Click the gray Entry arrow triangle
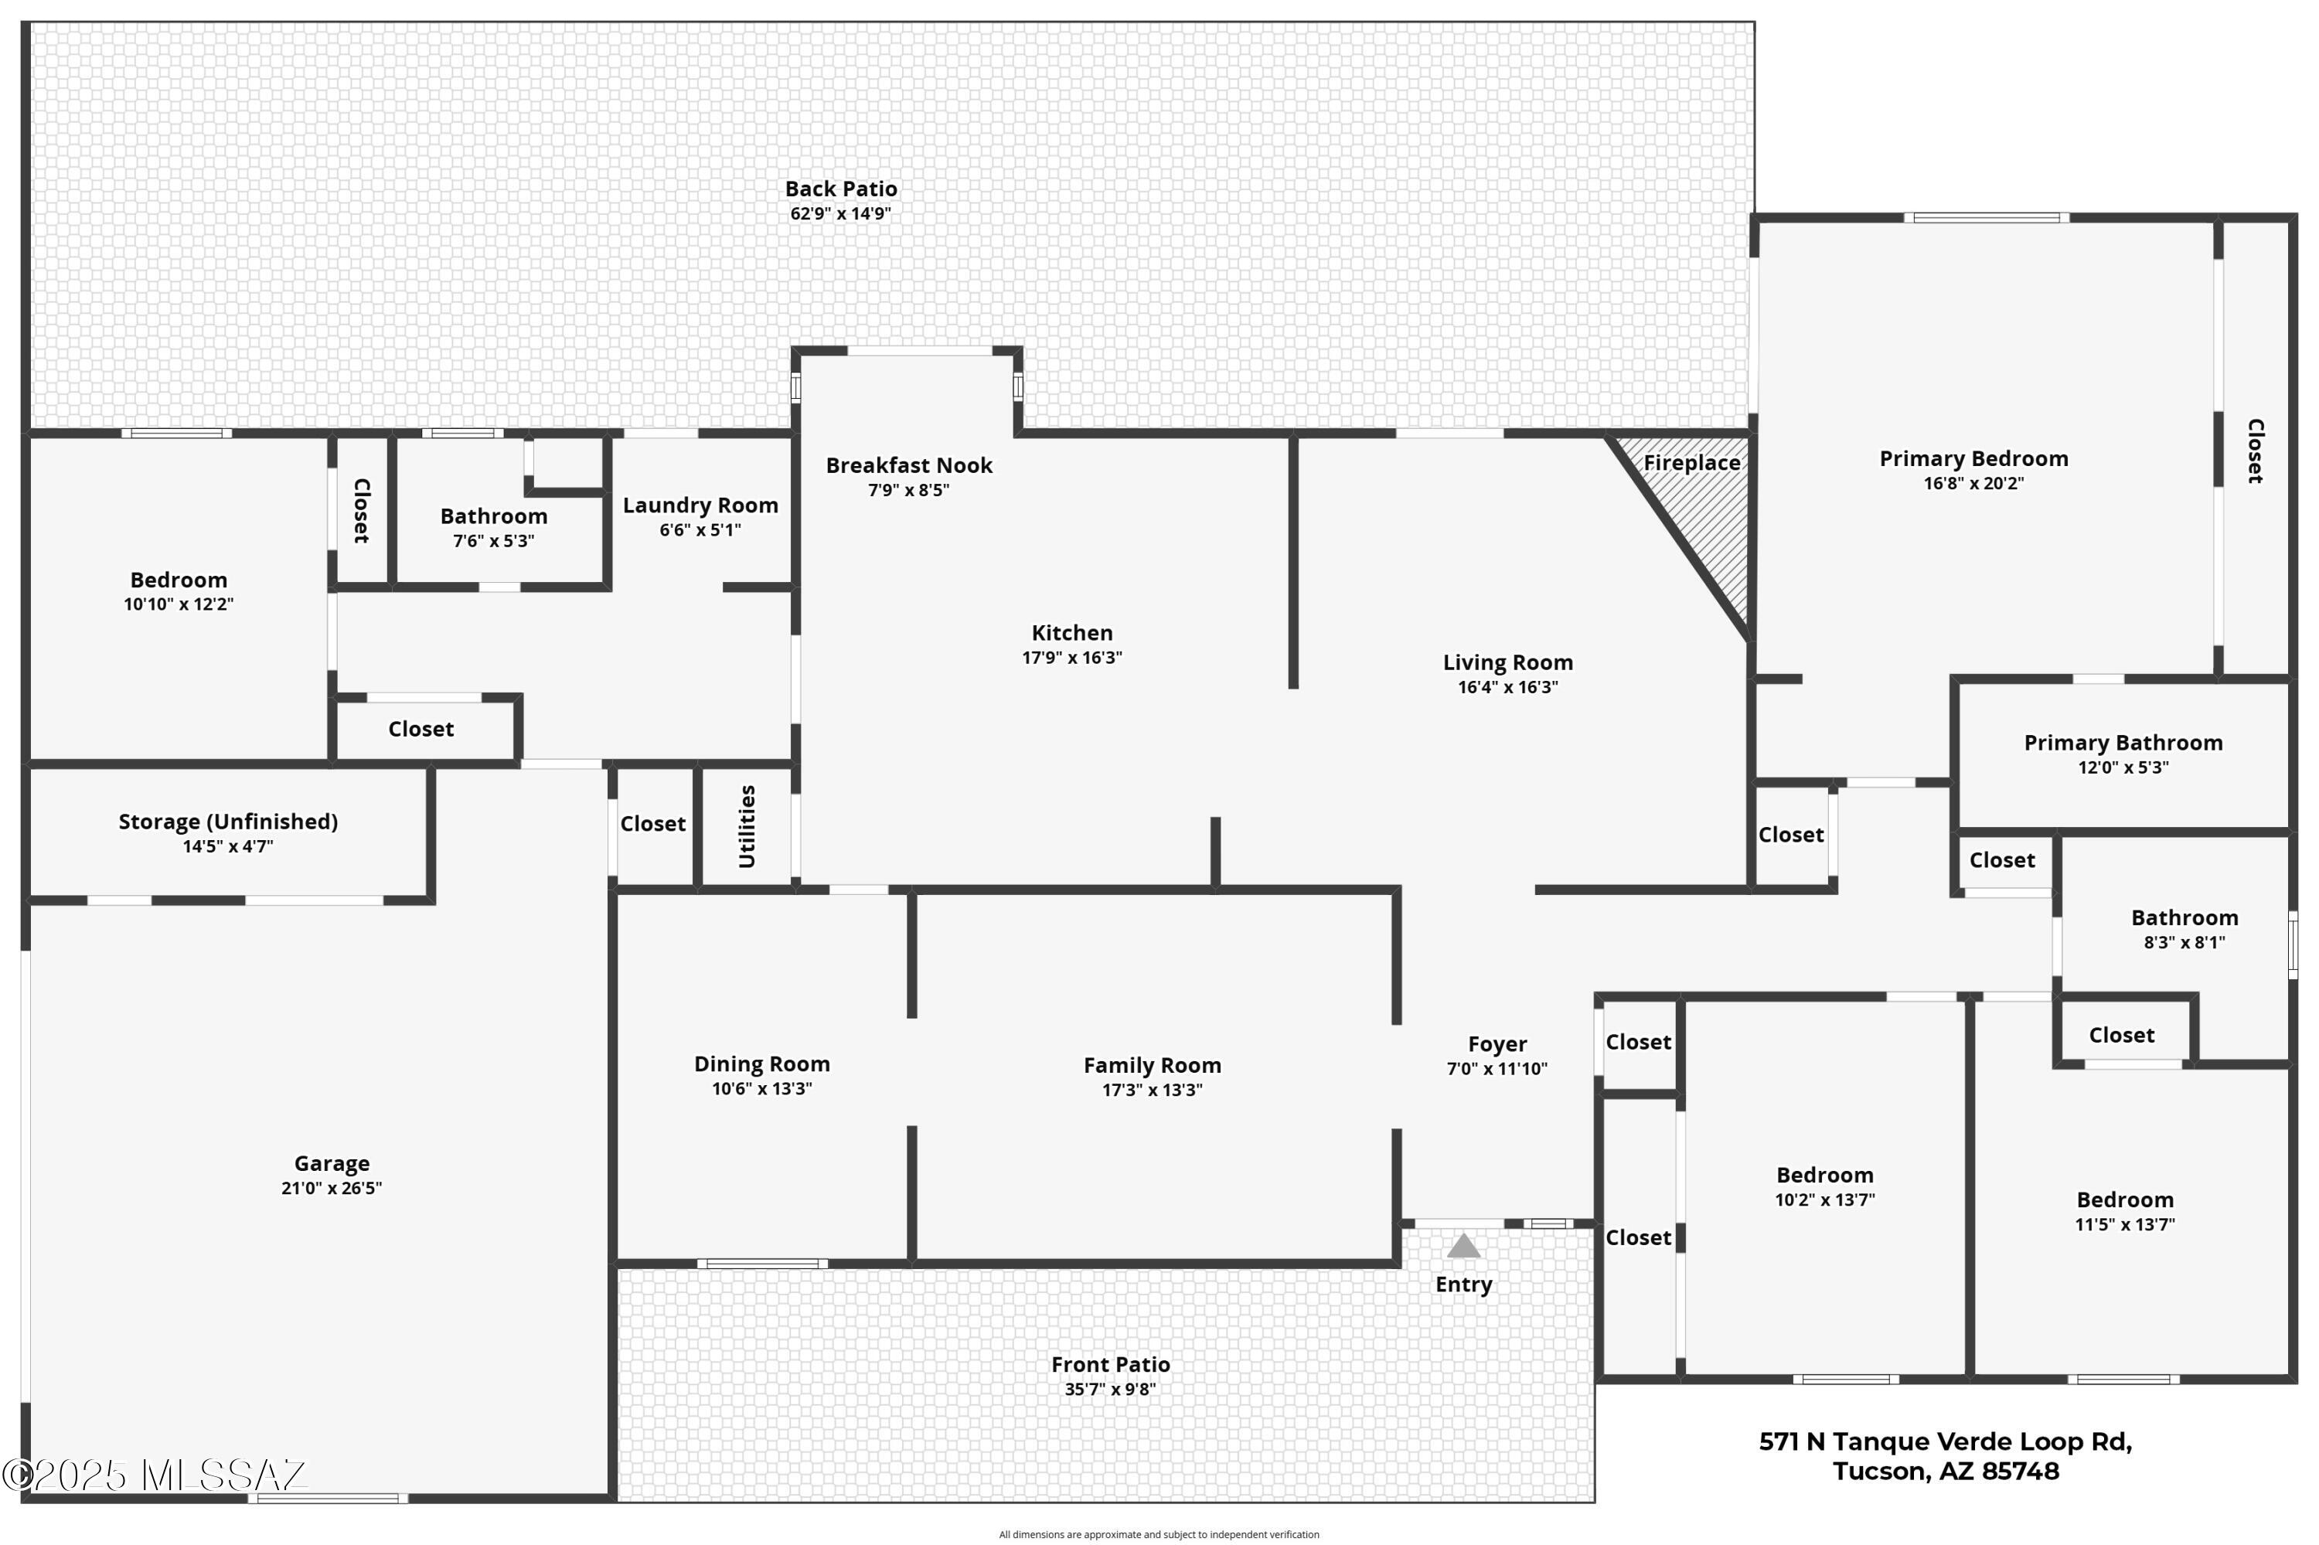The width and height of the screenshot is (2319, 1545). (1463, 1247)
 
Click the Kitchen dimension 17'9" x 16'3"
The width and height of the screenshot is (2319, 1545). (1071, 657)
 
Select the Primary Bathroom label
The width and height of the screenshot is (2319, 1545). (2123, 743)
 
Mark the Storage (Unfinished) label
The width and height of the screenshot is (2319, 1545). (228, 822)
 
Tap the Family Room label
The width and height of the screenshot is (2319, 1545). (1151, 1065)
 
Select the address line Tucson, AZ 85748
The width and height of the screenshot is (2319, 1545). (1945, 1471)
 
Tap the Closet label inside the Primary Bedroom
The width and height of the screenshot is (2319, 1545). (2254, 451)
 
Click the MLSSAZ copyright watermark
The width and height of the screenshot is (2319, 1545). (154, 1475)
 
